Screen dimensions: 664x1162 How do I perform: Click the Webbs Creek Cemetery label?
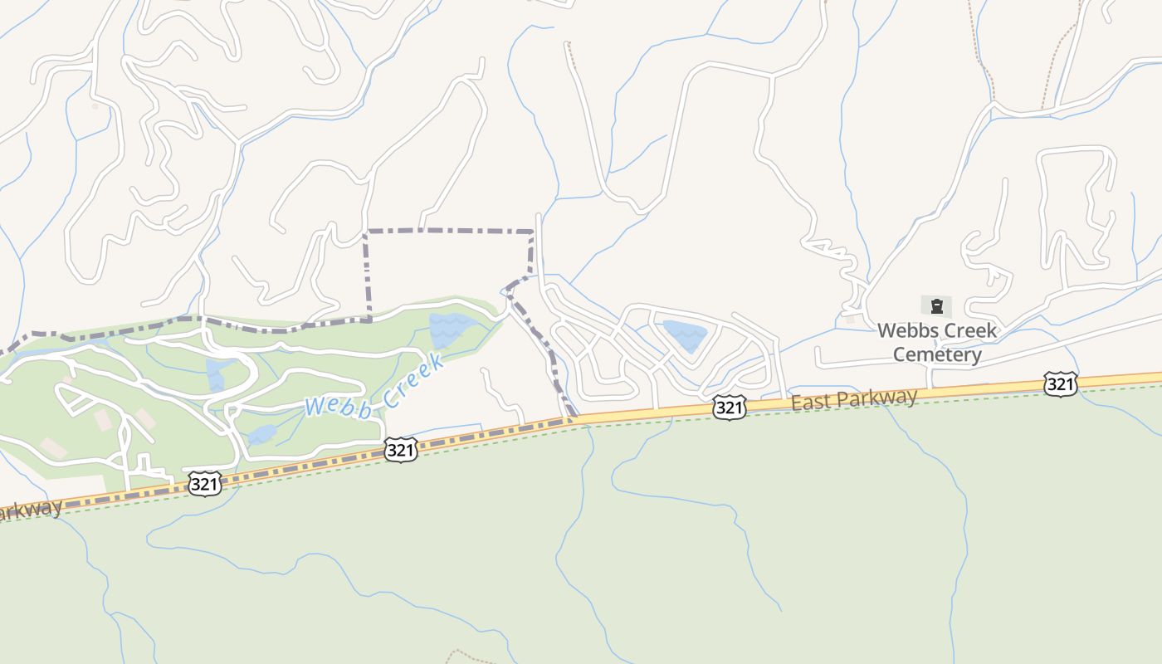tap(937, 342)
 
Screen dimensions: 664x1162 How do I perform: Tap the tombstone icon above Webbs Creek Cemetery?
tap(936, 305)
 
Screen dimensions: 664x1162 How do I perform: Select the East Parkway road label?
tap(854, 399)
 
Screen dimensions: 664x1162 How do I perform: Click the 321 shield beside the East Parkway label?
tap(729, 407)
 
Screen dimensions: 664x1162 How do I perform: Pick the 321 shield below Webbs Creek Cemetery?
tap(1061, 383)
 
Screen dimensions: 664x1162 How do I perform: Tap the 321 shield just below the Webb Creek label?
tap(400, 450)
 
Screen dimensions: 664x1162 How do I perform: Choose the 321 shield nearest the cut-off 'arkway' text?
tap(204, 484)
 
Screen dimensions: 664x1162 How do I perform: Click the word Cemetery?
tap(937, 355)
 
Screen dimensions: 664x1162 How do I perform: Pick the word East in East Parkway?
tap(808, 403)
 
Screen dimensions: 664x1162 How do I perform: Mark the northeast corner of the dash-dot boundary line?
tap(532, 232)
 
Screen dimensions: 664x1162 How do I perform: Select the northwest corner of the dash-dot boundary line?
tap(366, 232)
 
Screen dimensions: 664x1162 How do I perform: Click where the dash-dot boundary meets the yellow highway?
tap(573, 419)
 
